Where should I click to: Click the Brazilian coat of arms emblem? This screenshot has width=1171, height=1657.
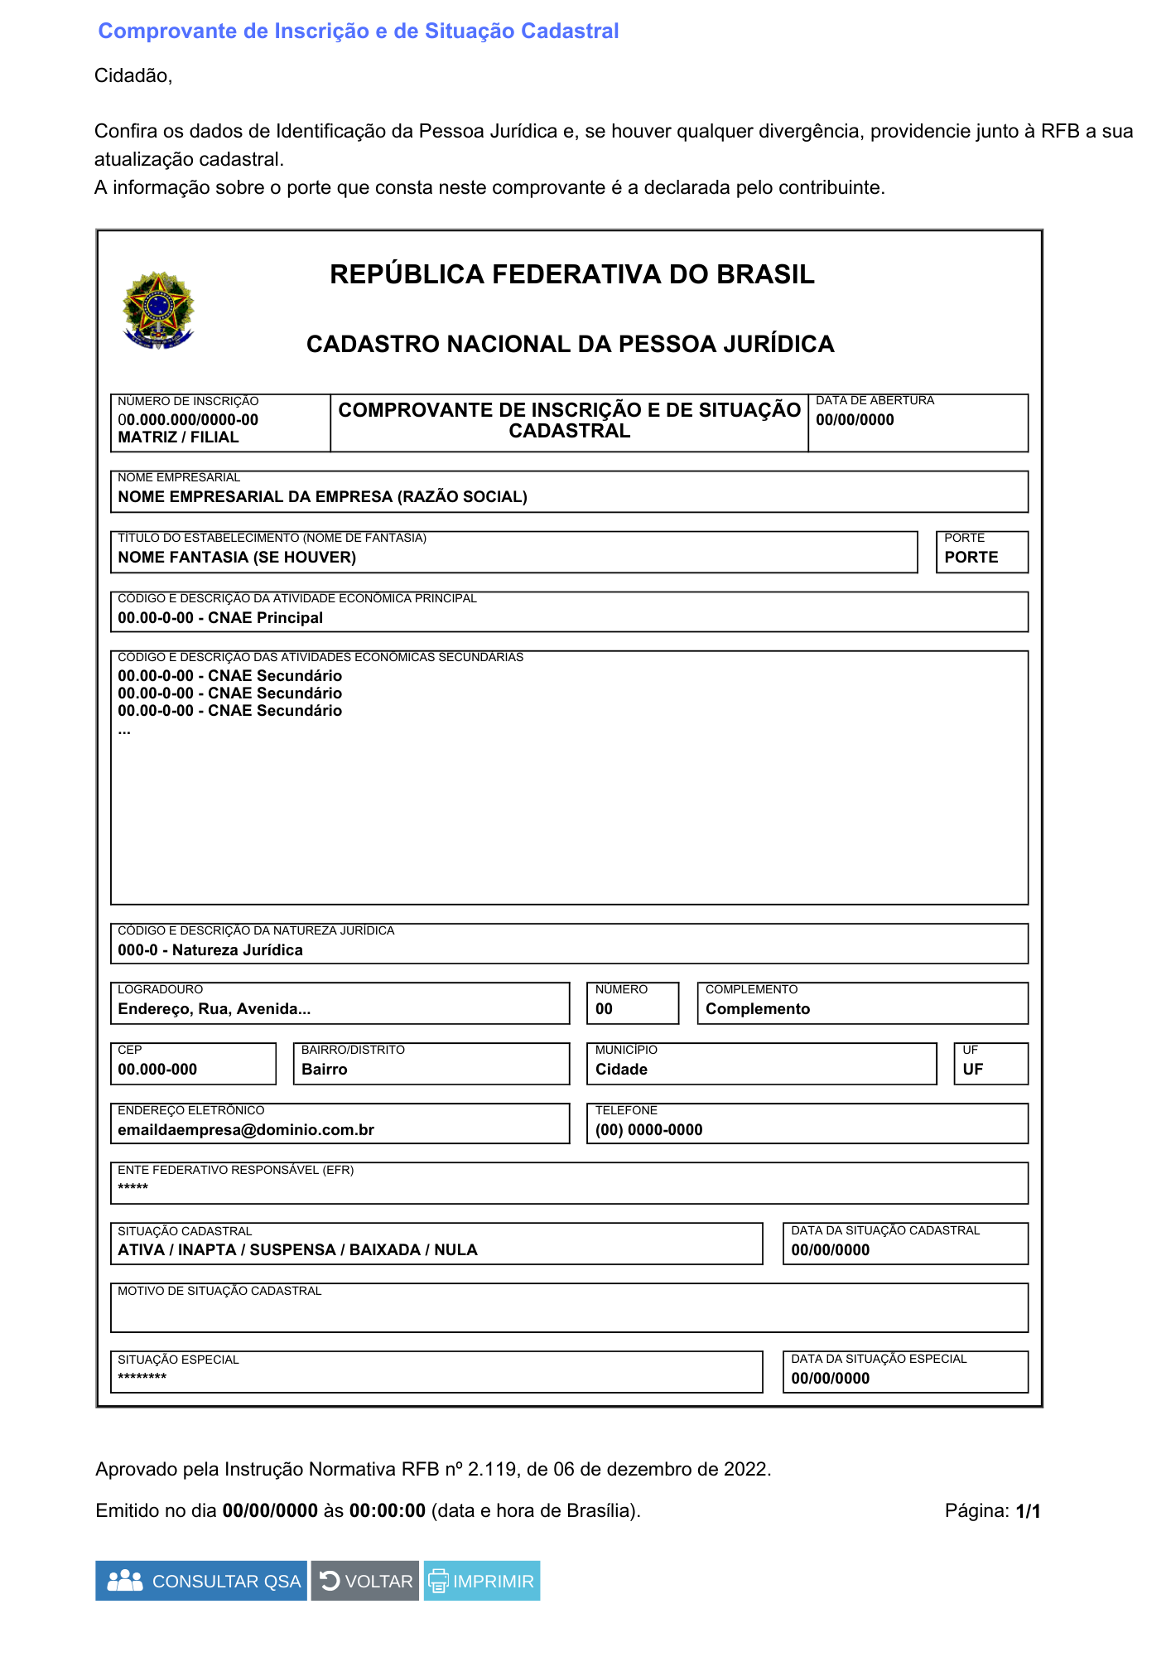click(158, 311)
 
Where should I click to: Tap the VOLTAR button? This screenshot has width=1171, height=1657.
click(365, 1581)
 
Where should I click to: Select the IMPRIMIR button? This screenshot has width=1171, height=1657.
click(482, 1581)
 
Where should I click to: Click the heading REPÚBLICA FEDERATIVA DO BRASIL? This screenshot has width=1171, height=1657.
click(571, 274)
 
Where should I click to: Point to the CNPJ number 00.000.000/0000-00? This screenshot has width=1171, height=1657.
click(188, 420)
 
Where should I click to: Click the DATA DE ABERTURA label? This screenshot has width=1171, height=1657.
click(875, 400)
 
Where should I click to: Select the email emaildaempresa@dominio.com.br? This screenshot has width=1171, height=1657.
click(246, 1130)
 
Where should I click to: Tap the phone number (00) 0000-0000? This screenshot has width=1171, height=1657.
click(648, 1130)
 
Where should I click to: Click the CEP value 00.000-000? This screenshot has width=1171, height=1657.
click(157, 1070)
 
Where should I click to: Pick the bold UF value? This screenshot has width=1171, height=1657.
click(972, 1070)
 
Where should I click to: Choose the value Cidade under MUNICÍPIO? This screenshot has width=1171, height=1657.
click(621, 1070)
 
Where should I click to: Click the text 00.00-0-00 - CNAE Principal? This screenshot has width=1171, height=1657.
click(220, 618)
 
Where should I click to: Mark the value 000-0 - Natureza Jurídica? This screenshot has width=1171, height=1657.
click(210, 950)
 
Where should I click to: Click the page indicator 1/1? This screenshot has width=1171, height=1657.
click(1028, 1511)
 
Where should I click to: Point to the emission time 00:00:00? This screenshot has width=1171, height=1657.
click(387, 1511)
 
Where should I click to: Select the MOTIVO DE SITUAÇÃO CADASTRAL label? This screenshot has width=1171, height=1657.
click(219, 1291)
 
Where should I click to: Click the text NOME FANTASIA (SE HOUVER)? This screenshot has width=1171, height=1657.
click(237, 558)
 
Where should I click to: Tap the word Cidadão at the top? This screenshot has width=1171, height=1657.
click(133, 76)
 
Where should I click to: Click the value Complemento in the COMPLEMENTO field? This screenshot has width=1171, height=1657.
click(758, 1009)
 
